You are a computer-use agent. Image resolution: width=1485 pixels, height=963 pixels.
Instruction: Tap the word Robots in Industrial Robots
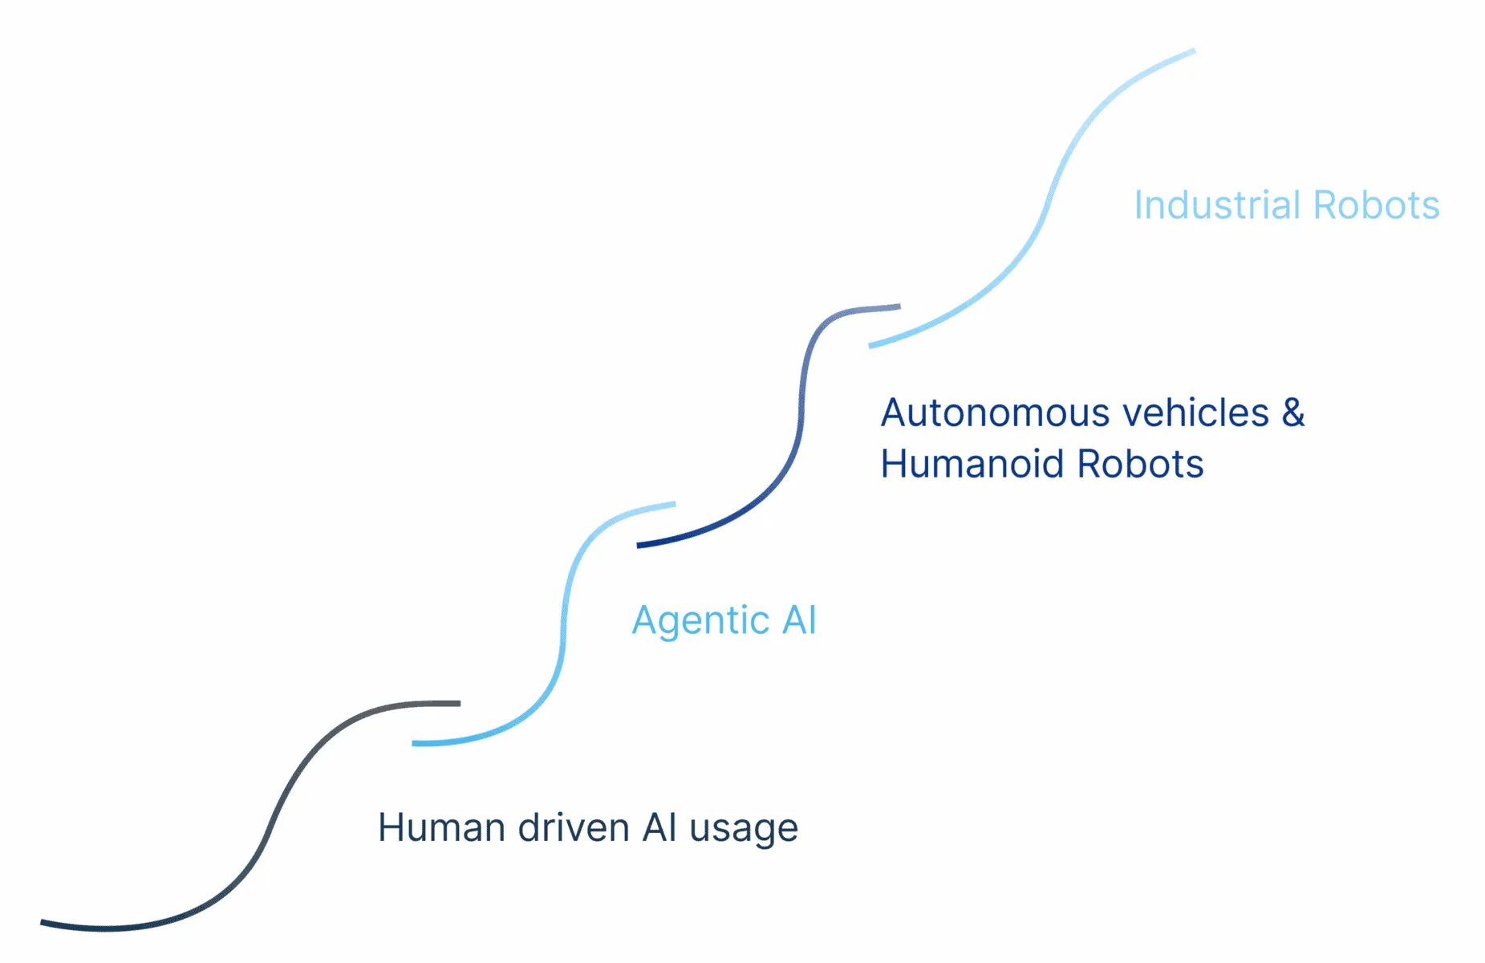click(x=1377, y=205)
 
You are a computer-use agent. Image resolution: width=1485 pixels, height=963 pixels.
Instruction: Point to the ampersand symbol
click(x=1293, y=412)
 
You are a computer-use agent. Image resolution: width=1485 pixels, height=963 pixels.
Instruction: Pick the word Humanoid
click(x=972, y=464)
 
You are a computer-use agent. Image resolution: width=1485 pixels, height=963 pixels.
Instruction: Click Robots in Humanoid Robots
click(x=1140, y=464)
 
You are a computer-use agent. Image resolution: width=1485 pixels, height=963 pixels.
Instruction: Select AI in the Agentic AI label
click(x=799, y=620)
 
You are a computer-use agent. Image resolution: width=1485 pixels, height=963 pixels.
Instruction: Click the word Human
click(x=441, y=827)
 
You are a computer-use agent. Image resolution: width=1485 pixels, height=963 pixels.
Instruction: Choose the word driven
click(x=574, y=827)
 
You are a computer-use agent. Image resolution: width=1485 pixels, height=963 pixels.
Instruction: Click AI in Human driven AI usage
click(x=659, y=827)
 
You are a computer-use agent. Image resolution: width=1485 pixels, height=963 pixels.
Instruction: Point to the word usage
click(x=744, y=831)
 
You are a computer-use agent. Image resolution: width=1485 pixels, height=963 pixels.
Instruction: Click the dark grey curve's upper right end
click(x=460, y=704)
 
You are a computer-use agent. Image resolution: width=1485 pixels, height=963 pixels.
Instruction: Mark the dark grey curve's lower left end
click(x=42, y=923)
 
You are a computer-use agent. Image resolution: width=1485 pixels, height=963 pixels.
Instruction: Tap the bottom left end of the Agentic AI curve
click(x=413, y=744)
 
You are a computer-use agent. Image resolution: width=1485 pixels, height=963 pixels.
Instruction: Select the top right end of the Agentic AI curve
click(x=675, y=504)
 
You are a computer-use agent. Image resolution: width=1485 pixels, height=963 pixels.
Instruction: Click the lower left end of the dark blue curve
click(x=638, y=546)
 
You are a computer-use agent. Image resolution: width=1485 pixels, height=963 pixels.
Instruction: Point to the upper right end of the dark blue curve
click(x=900, y=306)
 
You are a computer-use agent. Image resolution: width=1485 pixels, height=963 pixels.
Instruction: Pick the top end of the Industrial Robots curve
click(x=1195, y=51)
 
